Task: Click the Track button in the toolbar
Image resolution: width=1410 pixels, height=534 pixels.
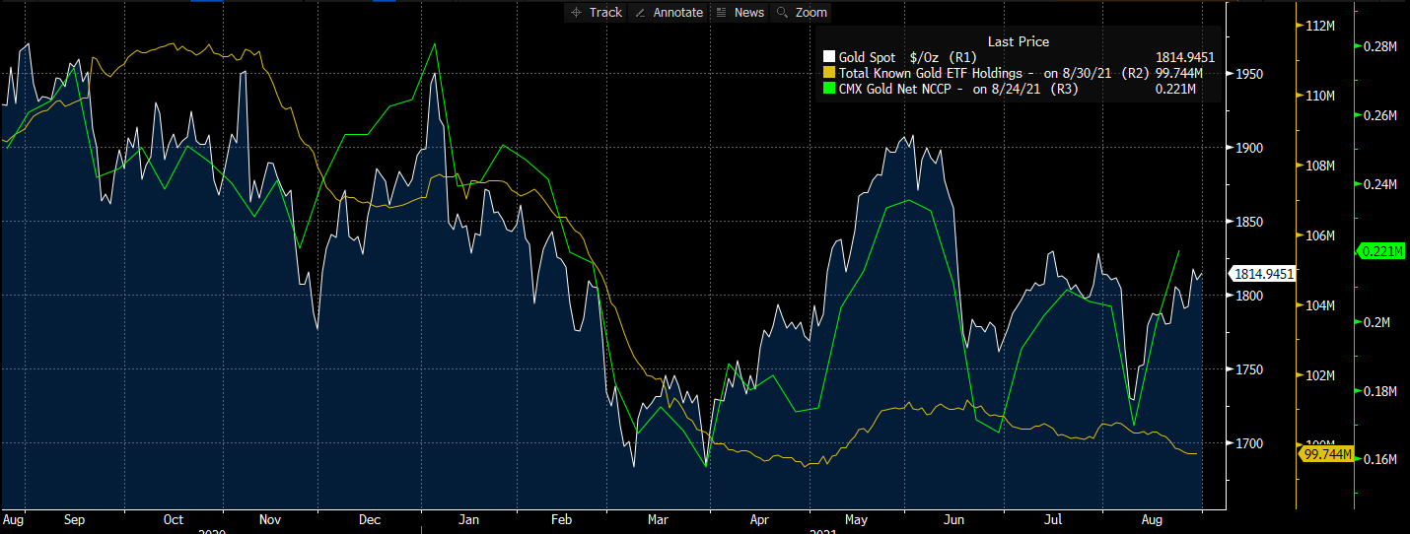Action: [597, 12]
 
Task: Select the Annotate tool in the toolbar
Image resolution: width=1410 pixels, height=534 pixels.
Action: [670, 12]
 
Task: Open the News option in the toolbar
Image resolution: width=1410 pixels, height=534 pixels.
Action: [740, 12]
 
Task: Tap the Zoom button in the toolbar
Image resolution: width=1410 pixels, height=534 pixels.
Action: [804, 12]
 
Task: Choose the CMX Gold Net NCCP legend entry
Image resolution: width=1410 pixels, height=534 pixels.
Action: [948, 90]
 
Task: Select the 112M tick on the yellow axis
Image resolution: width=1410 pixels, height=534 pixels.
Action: [1320, 26]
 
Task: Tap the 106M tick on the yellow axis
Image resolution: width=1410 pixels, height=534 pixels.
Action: [1320, 235]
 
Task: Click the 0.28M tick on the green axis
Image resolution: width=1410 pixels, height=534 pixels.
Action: [1380, 46]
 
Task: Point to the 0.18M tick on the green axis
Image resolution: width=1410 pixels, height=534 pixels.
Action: [1380, 391]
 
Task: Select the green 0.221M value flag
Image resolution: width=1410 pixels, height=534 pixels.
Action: [1381, 251]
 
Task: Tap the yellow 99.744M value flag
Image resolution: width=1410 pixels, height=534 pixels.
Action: [1326, 454]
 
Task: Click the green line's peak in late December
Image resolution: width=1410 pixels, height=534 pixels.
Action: [434, 44]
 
